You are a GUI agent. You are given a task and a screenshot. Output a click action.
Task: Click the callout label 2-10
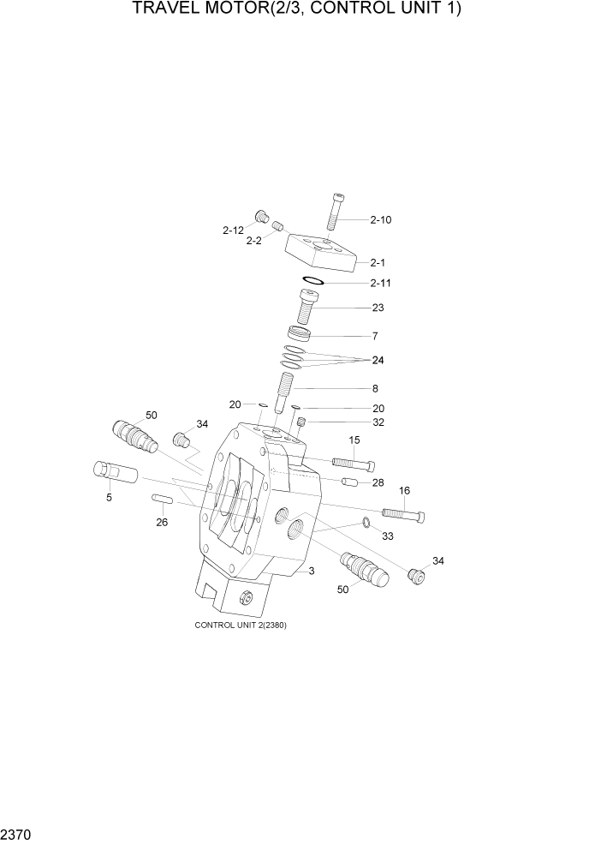pos(381,220)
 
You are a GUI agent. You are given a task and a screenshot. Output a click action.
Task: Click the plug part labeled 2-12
pos(261,215)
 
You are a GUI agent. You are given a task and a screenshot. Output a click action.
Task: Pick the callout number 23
pos(378,308)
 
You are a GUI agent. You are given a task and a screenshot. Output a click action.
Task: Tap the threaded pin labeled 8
pos(286,391)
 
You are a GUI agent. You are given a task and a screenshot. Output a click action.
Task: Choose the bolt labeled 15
pos(348,464)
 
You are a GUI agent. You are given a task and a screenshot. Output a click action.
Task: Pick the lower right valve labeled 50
pos(364,569)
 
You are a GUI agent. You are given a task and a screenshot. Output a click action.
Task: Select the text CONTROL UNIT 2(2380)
pos(241,625)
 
